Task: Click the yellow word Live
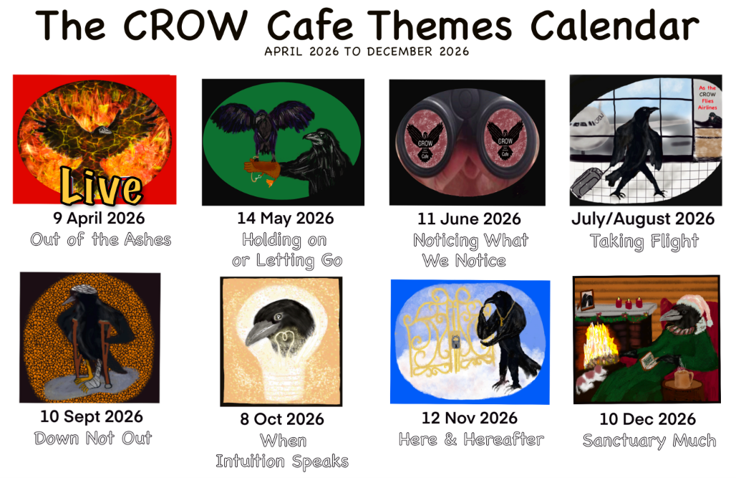[x=100, y=187]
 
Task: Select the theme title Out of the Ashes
[x=101, y=239]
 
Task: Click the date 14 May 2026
[x=285, y=218]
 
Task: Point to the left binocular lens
[x=425, y=135]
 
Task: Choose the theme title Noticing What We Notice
[x=470, y=250]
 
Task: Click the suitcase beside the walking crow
[x=586, y=186]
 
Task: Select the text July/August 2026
[x=643, y=219]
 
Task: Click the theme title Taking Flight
[x=644, y=242]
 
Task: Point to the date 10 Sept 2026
[x=92, y=416]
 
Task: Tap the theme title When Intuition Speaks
[x=282, y=451]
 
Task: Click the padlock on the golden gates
[x=455, y=345]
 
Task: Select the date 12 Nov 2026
[x=470, y=417]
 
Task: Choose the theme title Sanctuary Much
[x=649, y=440]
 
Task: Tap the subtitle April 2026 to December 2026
[x=367, y=52]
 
